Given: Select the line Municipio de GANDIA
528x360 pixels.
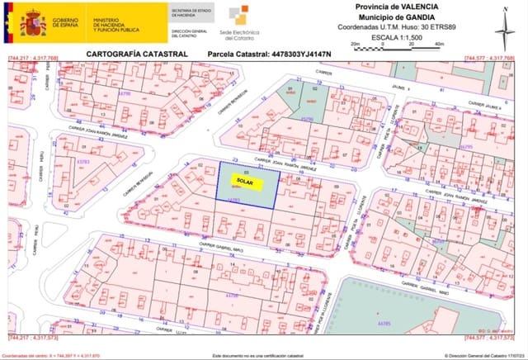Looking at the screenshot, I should [x=389, y=17].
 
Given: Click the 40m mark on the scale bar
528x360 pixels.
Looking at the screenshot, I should [x=438, y=44].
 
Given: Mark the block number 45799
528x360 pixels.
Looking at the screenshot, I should [x=306, y=119].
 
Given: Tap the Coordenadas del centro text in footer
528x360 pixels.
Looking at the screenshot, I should [x=50, y=355].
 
